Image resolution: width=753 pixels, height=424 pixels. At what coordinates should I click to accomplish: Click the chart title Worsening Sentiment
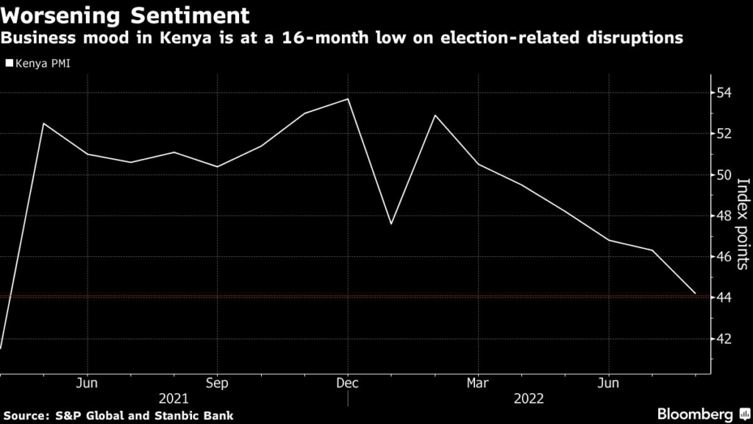pyautogui.click(x=124, y=14)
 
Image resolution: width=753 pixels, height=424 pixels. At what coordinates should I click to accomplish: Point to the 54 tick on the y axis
pyautogui.click(x=725, y=93)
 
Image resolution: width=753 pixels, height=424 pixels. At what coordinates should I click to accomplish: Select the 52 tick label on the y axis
pyautogui.click(x=725, y=134)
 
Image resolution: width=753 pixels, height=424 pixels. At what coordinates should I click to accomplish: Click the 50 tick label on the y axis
pyautogui.click(x=725, y=175)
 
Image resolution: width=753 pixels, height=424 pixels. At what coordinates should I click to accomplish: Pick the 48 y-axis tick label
pyautogui.click(x=725, y=216)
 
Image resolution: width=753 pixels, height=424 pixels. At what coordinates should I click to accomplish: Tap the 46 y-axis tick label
pyautogui.click(x=725, y=257)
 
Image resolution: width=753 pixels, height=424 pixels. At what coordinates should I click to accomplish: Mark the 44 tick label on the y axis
pyautogui.click(x=725, y=297)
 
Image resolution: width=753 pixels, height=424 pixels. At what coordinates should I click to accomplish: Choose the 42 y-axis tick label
pyautogui.click(x=725, y=339)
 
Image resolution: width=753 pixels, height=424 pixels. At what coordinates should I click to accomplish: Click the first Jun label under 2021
pyautogui.click(x=87, y=383)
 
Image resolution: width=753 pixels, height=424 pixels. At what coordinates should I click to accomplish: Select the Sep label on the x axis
pyautogui.click(x=217, y=383)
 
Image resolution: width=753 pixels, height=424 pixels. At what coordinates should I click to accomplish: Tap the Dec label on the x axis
pyautogui.click(x=347, y=383)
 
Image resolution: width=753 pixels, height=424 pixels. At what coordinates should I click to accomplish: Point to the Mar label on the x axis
pyautogui.click(x=478, y=383)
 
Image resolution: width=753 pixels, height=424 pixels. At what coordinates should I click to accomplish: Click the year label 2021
pyautogui.click(x=174, y=398)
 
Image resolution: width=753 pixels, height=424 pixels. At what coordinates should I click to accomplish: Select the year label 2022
pyautogui.click(x=529, y=398)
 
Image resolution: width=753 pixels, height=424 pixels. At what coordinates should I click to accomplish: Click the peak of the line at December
pyautogui.click(x=347, y=99)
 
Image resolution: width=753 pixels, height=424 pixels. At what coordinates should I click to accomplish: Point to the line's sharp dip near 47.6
pyautogui.click(x=390, y=224)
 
